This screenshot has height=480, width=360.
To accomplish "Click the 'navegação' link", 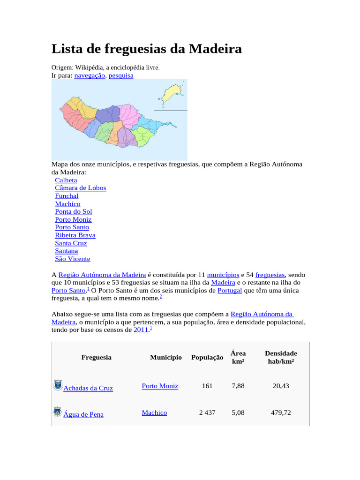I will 90,75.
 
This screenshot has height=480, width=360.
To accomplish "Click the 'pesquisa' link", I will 121,75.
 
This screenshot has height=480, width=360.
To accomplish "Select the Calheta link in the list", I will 66,180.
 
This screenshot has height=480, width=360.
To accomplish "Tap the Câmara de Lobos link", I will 81,188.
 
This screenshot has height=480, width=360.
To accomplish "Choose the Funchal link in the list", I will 67,196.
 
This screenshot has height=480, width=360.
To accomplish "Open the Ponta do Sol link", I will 74,211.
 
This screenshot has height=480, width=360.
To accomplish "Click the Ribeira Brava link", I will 75,235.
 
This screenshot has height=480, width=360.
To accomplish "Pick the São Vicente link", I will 73,259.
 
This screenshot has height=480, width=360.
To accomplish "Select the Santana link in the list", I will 67,251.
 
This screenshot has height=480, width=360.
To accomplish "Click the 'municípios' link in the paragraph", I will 224,275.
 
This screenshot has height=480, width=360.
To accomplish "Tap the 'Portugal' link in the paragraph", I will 230,291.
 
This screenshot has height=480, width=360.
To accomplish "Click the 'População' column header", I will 207,358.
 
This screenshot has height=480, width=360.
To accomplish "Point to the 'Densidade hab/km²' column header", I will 281,357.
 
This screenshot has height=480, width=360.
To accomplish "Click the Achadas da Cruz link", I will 88,388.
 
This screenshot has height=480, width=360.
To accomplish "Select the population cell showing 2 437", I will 207,412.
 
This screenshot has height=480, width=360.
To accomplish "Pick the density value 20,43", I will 281,386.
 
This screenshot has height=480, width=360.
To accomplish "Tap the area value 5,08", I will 238,412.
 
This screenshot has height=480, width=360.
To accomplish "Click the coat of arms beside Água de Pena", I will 57,412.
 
